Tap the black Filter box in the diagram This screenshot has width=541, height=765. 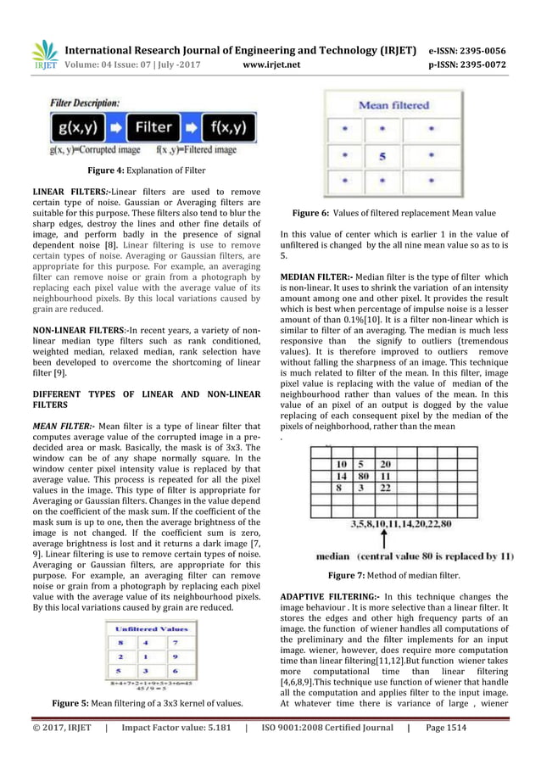point(154,130)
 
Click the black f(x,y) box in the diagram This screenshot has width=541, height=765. point(229,130)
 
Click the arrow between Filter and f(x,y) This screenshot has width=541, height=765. point(192,130)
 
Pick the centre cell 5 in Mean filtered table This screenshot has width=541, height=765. point(382,157)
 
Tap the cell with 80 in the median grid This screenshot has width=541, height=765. point(364,477)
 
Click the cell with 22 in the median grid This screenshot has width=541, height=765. point(385,489)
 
